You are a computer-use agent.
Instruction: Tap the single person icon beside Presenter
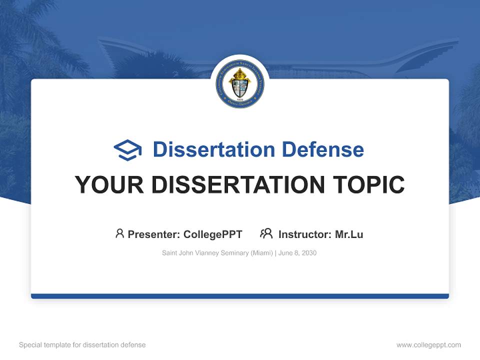point(119,233)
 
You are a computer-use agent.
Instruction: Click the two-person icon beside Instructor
point(266,233)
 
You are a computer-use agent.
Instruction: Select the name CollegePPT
point(213,234)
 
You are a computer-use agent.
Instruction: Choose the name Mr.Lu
point(349,234)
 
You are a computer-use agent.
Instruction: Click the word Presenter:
point(154,234)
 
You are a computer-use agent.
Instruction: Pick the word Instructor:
point(304,234)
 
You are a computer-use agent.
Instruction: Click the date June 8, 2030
point(297,253)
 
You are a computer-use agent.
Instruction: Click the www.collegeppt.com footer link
point(428,345)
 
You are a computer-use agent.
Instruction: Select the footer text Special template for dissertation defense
point(82,345)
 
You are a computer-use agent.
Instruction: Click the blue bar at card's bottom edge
point(240,296)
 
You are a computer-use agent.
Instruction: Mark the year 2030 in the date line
point(308,253)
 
